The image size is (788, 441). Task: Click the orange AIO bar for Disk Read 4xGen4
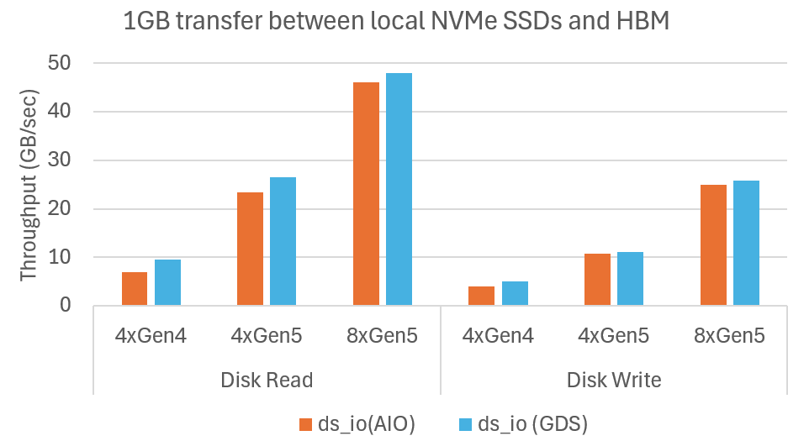(135, 289)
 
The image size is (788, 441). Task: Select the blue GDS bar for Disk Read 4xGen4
(167, 282)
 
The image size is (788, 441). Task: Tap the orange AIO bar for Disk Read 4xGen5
(250, 249)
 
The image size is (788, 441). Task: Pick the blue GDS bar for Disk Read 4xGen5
(283, 241)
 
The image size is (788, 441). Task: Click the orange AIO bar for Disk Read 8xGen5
(366, 194)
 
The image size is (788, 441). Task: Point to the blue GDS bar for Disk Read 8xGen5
(399, 189)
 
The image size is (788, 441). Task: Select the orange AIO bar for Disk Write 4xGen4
(481, 296)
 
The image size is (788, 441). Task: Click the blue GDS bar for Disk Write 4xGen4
(515, 293)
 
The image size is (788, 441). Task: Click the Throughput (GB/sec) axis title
(29, 184)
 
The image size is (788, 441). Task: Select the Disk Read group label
(267, 380)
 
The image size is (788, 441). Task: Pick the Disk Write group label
(614, 380)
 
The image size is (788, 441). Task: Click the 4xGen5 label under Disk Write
(614, 337)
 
